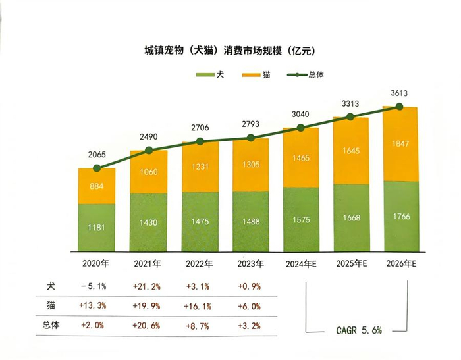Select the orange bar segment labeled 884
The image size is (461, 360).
[97, 186]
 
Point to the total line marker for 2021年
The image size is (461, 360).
[149, 151]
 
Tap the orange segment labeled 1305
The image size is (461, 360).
[250, 165]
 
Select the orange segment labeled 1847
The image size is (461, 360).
[400, 143]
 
